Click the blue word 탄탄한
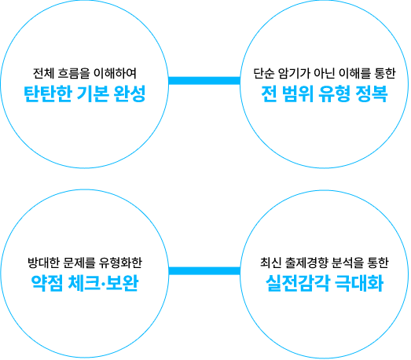click(48, 94)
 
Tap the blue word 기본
click(93, 94)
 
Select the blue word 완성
click(130, 94)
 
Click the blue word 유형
click(335, 94)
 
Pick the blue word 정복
click(372, 94)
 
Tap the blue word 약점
click(47, 283)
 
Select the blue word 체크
click(84, 283)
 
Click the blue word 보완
click(122, 283)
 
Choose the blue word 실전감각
click(298, 283)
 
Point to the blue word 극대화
click(359, 283)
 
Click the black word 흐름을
click(73, 73)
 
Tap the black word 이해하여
click(115, 73)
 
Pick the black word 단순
click(263, 73)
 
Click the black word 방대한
click(43, 263)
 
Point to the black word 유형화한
click(120, 263)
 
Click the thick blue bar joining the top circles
click(204, 81)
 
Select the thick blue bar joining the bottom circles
click(204, 271)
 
